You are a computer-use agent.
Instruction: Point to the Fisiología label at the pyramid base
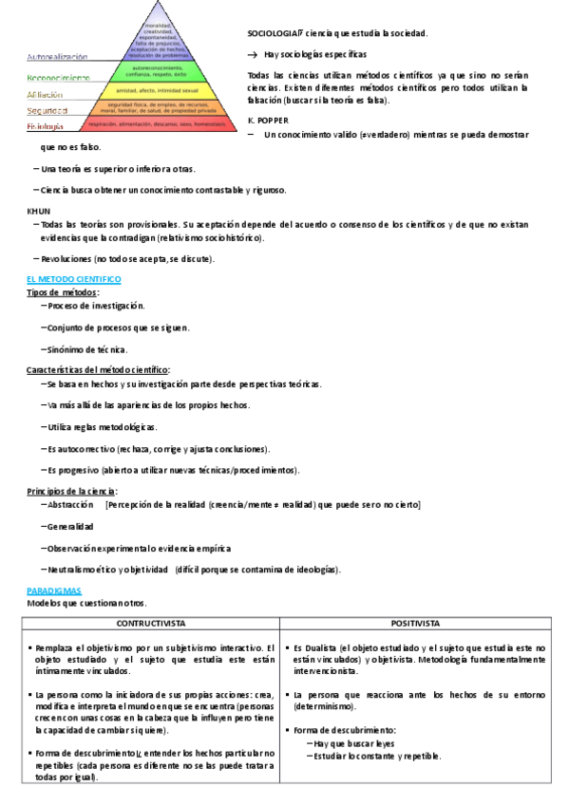(46, 125)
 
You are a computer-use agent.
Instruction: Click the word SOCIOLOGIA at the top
(272, 33)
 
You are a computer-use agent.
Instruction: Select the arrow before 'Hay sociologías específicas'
(253, 55)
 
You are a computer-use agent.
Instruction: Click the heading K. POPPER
(267, 121)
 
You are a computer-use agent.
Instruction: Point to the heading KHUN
(37, 210)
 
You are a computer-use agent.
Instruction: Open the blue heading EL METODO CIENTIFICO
(73, 279)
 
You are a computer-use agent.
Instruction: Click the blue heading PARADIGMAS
(54, 590)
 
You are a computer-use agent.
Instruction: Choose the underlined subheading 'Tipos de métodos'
(63, 292)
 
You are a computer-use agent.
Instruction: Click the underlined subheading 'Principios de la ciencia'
(72, 491)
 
